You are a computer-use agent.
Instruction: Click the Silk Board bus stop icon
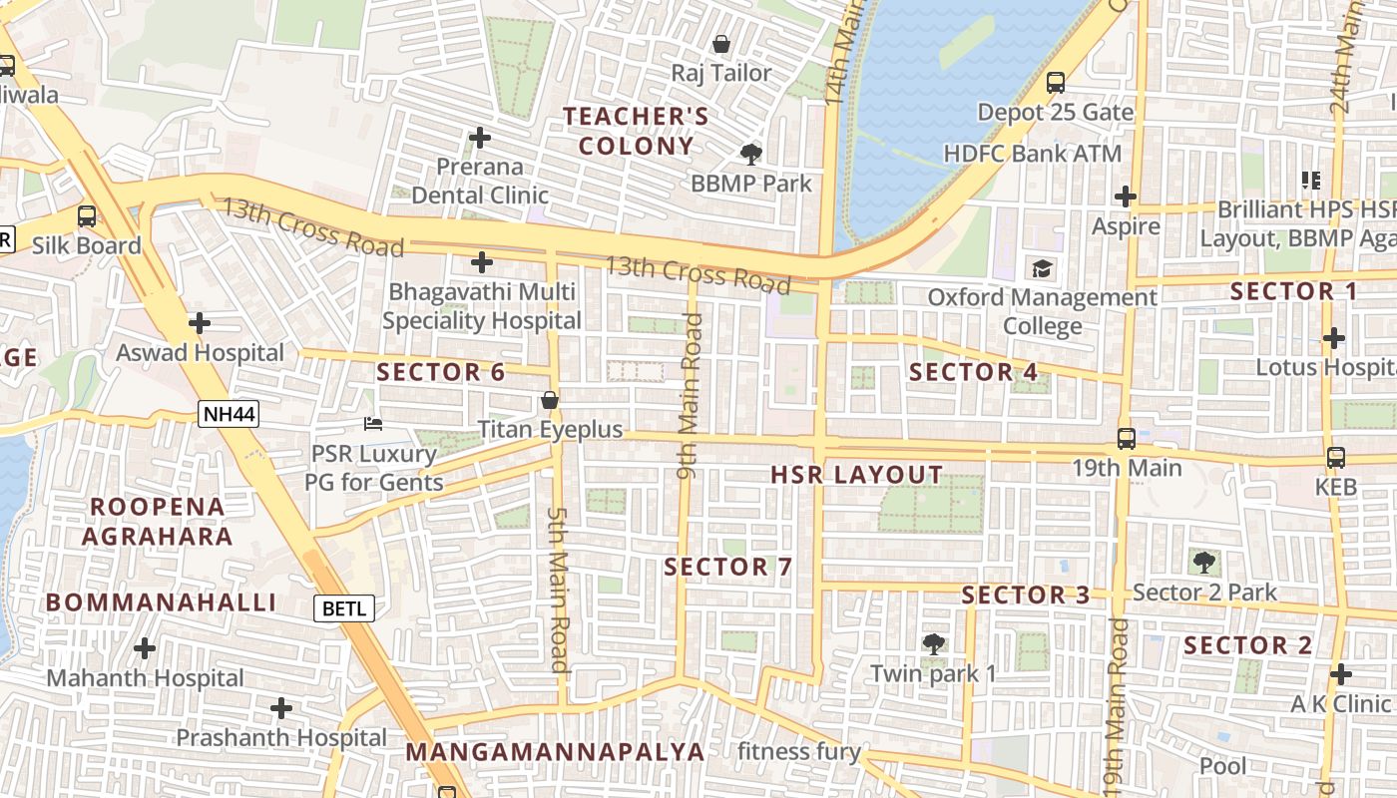click(87, 216)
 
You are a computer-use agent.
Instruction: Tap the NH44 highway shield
click(228, 414)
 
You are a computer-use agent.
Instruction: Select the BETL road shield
click(344, 607)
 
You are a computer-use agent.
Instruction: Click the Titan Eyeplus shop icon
click(549, 401)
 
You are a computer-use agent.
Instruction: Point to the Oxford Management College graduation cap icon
click(1043, 268)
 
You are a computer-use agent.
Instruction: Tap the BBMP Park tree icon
click(750, 155)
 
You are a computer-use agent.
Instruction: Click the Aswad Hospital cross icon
click(200, 323)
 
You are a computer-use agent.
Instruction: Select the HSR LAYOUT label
click(856, 475)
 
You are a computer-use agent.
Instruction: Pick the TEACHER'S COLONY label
click(636, 131)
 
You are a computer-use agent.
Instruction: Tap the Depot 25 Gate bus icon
click(1055, 83)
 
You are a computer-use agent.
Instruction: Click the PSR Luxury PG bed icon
click(373, 424)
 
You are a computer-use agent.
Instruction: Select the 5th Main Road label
click(558, 589)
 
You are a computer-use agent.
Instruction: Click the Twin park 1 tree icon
click(933, 644)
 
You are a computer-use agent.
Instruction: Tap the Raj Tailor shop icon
click(720, 44)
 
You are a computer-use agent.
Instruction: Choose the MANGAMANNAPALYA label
click(555, 751)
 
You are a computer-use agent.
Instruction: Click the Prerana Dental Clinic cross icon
click(480, 138)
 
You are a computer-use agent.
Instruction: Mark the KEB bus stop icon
click(1335, 458)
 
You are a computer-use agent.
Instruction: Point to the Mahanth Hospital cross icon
click(145, 648)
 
